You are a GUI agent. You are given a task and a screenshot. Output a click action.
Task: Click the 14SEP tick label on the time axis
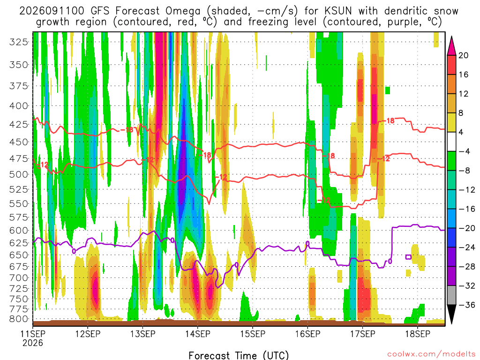pos(197,334)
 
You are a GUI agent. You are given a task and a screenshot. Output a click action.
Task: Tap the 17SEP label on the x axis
pos(363,334)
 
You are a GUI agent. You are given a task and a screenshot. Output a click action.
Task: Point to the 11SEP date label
pos(33,334)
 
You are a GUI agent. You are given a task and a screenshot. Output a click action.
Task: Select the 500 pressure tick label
pos(19,174)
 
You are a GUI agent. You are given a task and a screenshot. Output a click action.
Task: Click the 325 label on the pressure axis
pos(19,42)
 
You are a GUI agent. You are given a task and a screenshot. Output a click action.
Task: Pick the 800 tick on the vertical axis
pos(19,319)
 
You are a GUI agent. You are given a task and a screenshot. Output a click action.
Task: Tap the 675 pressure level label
pos(19,266)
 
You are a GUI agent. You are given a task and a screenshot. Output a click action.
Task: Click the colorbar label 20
pos(464,55)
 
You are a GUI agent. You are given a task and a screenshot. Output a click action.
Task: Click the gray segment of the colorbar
pos(451,295)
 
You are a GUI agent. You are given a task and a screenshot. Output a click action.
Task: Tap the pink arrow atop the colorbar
pos(451,46)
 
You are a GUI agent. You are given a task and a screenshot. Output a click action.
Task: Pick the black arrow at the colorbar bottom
pos(451,314)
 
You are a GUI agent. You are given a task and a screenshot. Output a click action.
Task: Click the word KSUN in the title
pos(338,11)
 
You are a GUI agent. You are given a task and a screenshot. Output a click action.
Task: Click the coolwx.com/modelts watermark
pos(432,354)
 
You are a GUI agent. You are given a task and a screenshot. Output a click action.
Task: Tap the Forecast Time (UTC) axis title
pos(239,355)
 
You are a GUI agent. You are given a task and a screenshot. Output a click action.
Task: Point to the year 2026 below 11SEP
pos(33,343)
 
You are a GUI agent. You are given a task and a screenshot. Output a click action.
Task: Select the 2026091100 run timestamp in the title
pos(52,11)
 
